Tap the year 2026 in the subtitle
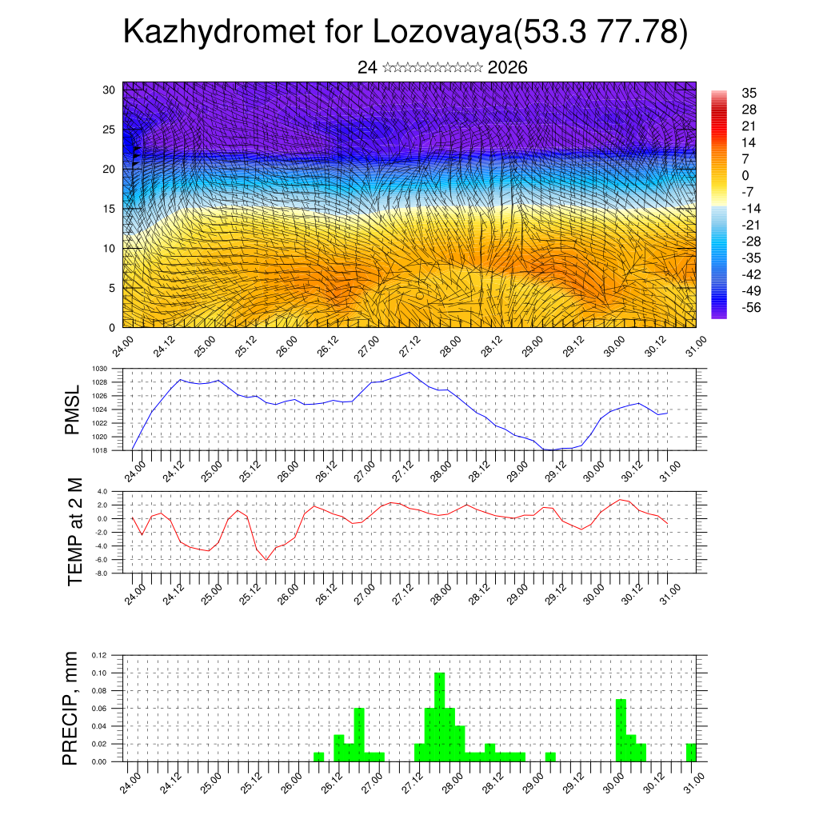[x=507, y=68]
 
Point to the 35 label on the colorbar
[x=749, y=93]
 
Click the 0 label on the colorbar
[x=745, y=175]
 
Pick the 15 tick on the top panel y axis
[x=110, y=209]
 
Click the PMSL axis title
[x=74, y=409]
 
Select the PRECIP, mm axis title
[x=72, y=709]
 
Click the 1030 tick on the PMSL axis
[x=99, y=369]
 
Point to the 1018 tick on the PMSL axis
[x=99, y=450]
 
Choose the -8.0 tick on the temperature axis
[x=102, y=573]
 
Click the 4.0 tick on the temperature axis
[x=102, y=491]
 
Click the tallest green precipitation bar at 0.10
[x=439, y=717]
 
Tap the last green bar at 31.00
[x=691, y=753]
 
